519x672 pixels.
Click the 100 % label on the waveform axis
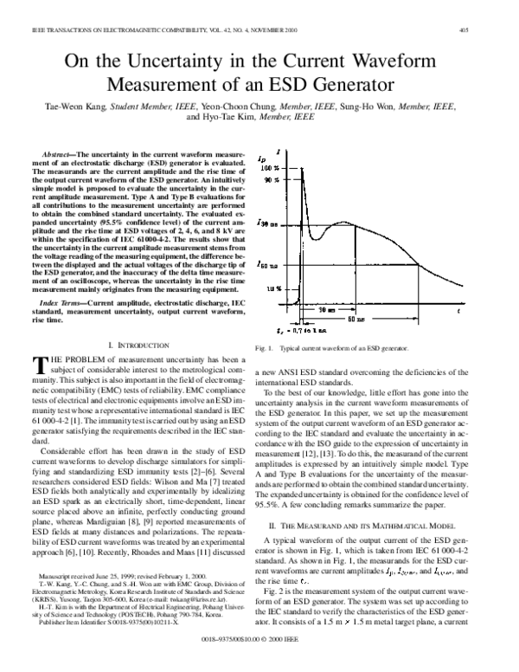pyautogui.click(x=270, y=167)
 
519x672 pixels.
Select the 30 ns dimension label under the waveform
pyautogui.click(x=325, y=308)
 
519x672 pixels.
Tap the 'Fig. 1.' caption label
pyautogui.click(x=278, y=347)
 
